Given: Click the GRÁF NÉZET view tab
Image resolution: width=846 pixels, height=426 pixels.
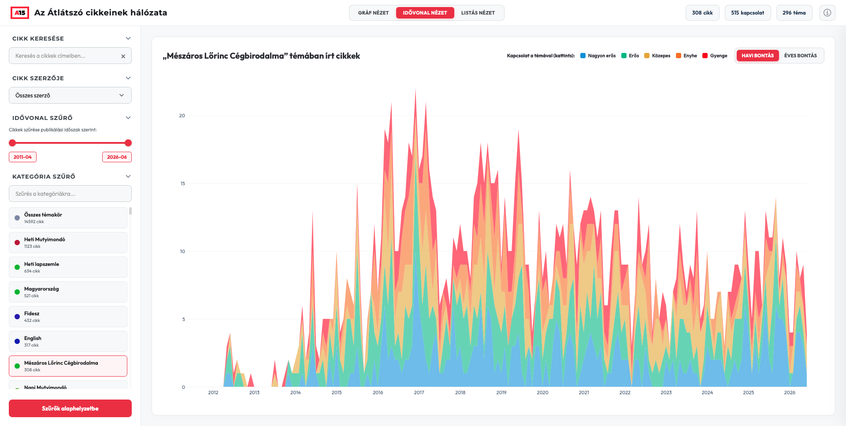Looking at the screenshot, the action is pos(373,13).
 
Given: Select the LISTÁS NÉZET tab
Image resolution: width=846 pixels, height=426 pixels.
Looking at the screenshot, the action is pos(478,13).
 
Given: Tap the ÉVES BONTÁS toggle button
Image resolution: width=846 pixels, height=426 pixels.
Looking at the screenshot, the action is pos(800,56).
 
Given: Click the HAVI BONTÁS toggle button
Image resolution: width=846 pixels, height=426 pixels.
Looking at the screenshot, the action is pos(757,56).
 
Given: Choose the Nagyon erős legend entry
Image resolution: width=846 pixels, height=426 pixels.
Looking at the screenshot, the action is pos(598,56).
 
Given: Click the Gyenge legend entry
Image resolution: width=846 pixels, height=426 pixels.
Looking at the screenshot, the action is pos(715,56).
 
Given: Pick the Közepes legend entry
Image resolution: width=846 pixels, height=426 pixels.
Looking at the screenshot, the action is pos(657,56).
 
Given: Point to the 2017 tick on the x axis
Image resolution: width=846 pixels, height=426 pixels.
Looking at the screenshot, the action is pos(419,392).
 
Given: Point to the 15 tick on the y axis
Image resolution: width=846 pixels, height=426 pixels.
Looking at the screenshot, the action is pos(182,183).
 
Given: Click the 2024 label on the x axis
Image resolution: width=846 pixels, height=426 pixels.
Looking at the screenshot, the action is pos(707,392).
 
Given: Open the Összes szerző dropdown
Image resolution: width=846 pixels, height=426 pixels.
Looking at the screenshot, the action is pos(70,95).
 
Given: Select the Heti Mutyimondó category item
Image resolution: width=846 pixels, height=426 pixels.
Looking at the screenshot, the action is pos(68,243).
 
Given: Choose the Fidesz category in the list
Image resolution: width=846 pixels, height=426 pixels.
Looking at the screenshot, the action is pos(68,317).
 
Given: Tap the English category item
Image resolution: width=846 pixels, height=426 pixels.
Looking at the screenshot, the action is pos(68,341).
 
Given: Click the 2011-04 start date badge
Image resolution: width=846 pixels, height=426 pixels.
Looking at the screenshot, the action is pos(22,157).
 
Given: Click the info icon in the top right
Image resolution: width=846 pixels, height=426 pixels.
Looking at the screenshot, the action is pos(827,13).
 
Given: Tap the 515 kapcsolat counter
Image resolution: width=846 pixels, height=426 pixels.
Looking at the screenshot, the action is pos(747,13).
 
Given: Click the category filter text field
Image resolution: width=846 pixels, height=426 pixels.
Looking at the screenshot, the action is pos(70,194).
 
